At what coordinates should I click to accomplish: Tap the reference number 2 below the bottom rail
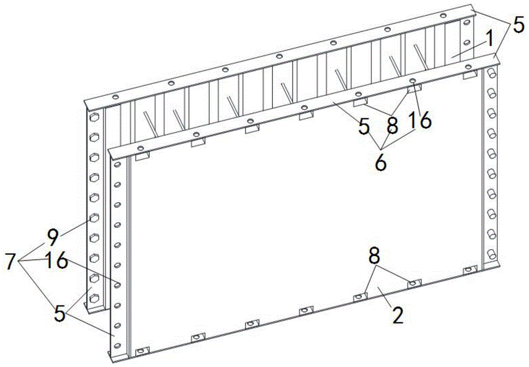tap(398, 315)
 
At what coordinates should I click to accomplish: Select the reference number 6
tap(381, 163)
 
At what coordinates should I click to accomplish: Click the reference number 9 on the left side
tap(52, 238)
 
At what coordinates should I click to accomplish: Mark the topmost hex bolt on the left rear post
tap(94, 118)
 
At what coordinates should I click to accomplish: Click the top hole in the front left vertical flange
tap(117, 164)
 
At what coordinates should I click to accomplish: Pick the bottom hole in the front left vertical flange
tap(117, 345)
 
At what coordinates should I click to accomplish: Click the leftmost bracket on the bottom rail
tap(142, 352)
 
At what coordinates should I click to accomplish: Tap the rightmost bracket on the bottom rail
tap(469, 270)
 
